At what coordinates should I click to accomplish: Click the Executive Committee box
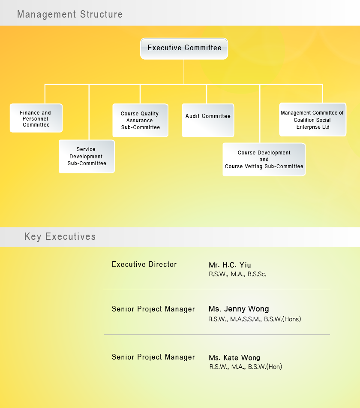[184, 48]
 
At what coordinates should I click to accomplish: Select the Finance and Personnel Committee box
[36, 118]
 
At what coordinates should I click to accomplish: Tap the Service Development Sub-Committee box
[87, 157]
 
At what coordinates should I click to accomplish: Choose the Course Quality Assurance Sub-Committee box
[141, 120]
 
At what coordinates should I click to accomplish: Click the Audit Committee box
[208, 120]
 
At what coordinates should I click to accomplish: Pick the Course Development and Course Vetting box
[264, 159]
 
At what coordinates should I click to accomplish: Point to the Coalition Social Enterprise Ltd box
[312, 119]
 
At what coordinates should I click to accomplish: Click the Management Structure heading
[70, 14]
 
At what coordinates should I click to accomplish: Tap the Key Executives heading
[60, 236]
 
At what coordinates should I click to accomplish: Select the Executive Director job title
[144, 264]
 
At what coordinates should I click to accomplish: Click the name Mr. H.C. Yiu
[230, 265]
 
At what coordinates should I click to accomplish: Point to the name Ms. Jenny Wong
[239, 309]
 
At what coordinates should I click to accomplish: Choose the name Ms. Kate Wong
[234, 357]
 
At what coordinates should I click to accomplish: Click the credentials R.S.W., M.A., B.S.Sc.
[237, 274]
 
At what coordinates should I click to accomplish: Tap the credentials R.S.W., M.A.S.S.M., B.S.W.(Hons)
[255, 319]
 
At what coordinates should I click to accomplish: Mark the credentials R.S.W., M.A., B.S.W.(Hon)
[246, 367]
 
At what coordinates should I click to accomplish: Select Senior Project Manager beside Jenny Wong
[153, 309]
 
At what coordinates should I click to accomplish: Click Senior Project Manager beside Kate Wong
[153, 357]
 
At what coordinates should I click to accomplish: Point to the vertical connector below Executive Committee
[184, 72]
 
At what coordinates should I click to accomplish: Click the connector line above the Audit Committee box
[207, 94]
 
